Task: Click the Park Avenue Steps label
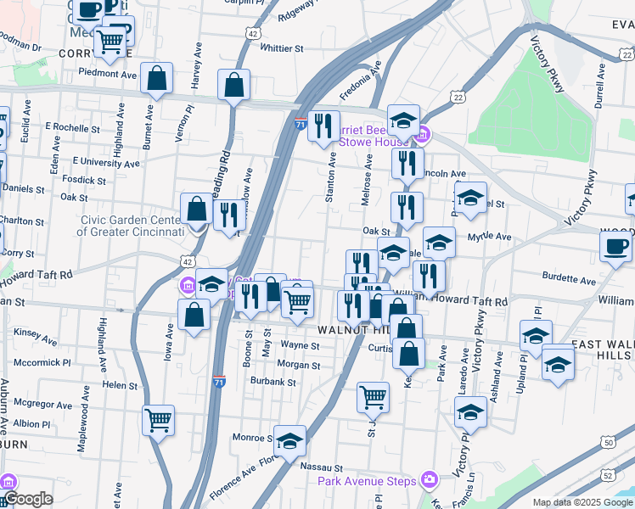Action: pyautogui.click(x=367, y=481)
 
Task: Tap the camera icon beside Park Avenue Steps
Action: pyautogui.click(x=429, y=481)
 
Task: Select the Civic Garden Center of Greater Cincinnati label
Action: pyautogui.click(x=132, y=225)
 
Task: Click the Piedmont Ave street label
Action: pyautogui.click(x=107, y=74)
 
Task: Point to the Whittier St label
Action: pyautogui.click(x=270, y=48)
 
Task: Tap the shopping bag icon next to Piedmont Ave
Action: pyautogui.click(x=158, y=78)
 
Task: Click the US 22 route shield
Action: pyautogui.click(x=458, y=98)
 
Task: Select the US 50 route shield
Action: pyautogui.click(x=607, y=442)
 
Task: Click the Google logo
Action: pyautogui.click(x=28, y=500)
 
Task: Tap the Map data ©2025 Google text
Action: pyautogui.click(x=583, y=502)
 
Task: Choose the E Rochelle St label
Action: pyautogui.click(x=72, y=126)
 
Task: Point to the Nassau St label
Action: pyautogui.click(x=325, y=467)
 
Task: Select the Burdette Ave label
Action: pyautogui.click(x=570, y=277)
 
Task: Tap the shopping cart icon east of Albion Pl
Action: pyautogui.click(x=158, y=419)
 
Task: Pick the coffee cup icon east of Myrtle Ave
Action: pyautogui.click(x=615, y=246)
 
